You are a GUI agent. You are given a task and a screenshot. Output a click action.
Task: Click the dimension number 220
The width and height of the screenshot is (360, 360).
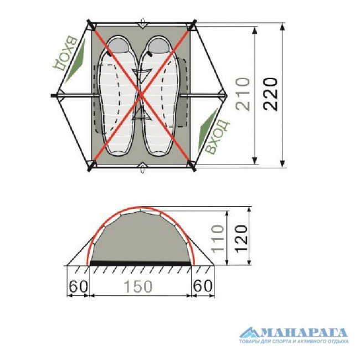tap(271, 94)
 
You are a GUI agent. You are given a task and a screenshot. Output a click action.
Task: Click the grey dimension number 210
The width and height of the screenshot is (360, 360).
tap(243, 94)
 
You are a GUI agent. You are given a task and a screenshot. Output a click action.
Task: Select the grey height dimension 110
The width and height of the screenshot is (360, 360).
tap(218, 239)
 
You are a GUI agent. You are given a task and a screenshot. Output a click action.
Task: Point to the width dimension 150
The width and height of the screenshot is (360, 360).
tap(138, 286)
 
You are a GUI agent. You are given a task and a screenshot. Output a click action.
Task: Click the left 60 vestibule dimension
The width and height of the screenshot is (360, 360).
tap(78, 286)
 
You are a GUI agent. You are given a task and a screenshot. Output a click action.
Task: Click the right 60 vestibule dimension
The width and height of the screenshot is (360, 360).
tap(203, 286)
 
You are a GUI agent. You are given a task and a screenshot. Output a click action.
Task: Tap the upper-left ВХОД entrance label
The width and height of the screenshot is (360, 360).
tap(64, 53)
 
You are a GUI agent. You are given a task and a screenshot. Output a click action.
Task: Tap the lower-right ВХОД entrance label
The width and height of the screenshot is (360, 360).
tap(217, 136)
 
